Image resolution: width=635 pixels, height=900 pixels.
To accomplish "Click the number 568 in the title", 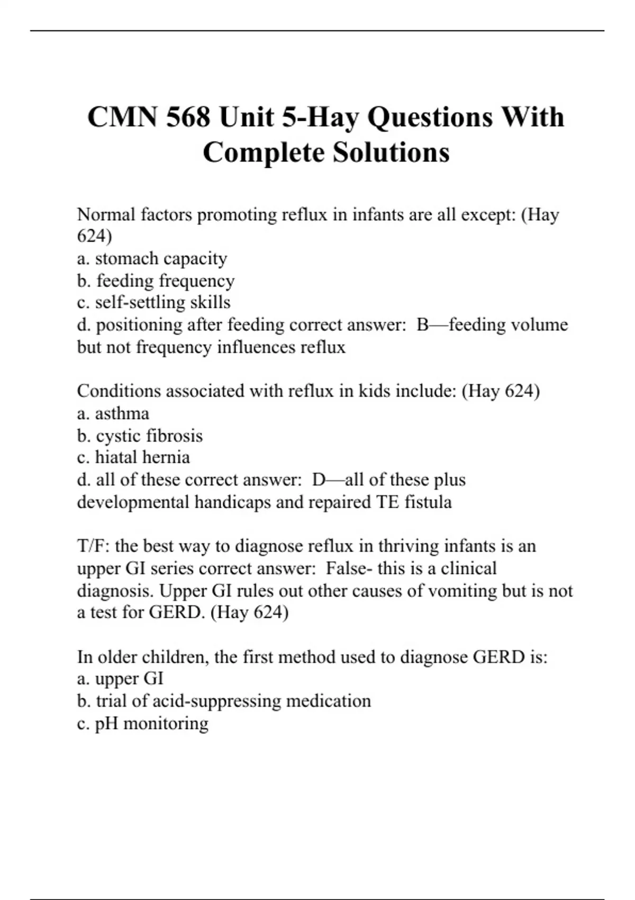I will coord(187,117).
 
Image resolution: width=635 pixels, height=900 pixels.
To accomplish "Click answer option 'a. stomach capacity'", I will coord(152,258).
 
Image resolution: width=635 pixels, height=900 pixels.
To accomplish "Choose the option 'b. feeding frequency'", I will coord(156,281).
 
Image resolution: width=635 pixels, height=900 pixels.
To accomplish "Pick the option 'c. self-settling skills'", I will coord(153,302).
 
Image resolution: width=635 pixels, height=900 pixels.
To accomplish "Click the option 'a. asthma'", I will coord(113,413).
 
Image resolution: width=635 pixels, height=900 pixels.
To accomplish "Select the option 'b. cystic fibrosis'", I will coord(140,435).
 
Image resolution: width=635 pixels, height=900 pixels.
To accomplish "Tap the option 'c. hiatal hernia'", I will coord(133,457).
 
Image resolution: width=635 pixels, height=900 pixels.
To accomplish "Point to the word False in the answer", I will coord(346,568).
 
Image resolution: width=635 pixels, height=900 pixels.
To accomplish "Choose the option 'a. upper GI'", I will coord(120,679).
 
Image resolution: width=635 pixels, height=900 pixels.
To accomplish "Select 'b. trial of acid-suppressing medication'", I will coord(224,701).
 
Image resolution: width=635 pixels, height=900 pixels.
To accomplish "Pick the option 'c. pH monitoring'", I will coord(143,723).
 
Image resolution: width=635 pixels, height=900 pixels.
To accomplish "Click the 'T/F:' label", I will coord(93,546).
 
